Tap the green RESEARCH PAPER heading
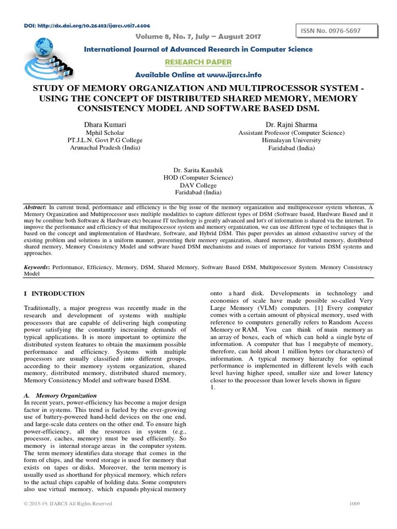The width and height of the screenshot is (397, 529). [191, 62]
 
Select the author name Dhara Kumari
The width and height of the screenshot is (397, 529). [105, 125]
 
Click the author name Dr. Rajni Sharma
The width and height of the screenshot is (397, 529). [291, 125]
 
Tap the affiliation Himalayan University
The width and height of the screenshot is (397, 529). [291, 140]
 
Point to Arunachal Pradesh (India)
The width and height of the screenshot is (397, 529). [105, 148]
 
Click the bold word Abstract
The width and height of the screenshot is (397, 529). [36, 207]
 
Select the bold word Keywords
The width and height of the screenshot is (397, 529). [37, 268]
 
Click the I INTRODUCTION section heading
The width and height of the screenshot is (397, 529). [55, 293]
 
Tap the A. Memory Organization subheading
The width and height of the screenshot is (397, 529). [60, 395]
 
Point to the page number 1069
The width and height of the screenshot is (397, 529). [354, 504]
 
